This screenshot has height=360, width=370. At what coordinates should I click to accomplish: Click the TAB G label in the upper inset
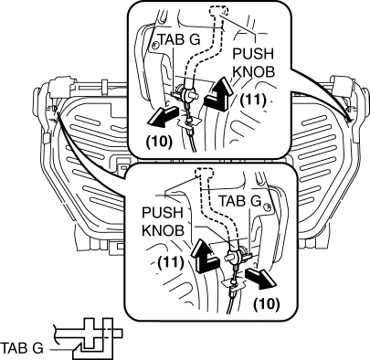click(179, 39)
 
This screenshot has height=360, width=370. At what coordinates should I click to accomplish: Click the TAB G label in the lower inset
click(240, 201)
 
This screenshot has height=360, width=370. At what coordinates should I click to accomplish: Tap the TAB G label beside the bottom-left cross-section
click(22, 348)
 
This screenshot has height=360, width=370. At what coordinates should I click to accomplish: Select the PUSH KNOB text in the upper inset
click(253, 63)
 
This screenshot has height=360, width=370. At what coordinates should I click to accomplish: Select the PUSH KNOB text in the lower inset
click(164, 221)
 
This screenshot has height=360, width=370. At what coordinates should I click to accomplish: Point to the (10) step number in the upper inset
click(159, 142)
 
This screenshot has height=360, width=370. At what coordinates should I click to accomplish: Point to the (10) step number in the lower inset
click(267, 303)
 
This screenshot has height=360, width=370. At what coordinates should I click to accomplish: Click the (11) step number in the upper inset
click(253, 100)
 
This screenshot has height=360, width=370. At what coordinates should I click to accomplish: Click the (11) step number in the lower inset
click(171, 261)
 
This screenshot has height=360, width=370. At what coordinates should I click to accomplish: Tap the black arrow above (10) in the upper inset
click(162, 117)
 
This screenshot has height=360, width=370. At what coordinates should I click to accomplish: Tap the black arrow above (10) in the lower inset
click(261, 278)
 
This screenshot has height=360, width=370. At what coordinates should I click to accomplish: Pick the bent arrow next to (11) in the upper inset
click(218, 95)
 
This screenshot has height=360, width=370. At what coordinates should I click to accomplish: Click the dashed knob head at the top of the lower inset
click(204, 175)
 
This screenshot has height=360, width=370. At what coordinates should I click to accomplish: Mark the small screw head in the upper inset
click(155, 46)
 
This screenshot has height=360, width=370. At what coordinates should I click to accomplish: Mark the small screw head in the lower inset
click(268, 206)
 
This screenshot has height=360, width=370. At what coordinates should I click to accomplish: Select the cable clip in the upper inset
click(189, 122)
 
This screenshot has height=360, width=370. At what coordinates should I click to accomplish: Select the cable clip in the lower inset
click(234, 284)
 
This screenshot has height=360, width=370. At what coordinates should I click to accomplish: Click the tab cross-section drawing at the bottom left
click(89, 338)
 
